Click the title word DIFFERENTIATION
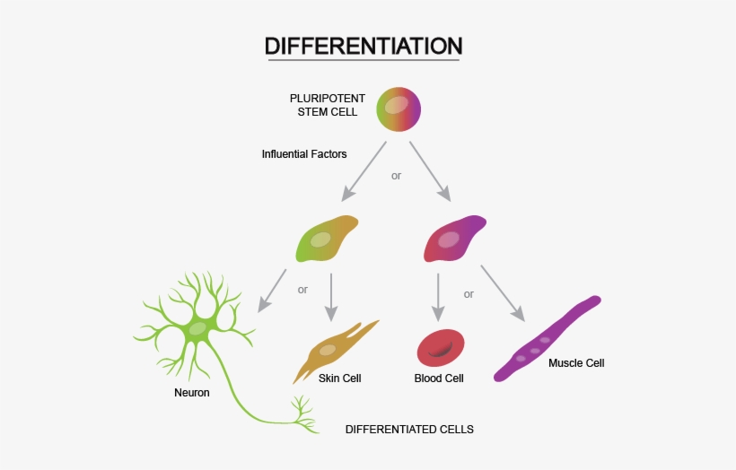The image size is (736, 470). [x=364, y=46]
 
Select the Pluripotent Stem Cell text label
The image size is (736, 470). [x=327, y=105]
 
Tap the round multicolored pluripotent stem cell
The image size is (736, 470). [x=399, y=109]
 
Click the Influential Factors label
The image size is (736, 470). [x=304, y=154]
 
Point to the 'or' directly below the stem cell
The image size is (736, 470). [x=396, y=176]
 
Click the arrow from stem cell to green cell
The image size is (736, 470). [x=364, y=170]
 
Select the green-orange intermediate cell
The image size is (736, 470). [x=325, y=239]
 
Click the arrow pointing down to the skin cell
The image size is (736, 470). [x=332, y=296]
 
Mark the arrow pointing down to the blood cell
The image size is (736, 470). [x=438, y=297]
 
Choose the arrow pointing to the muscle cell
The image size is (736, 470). [x=502, y=292]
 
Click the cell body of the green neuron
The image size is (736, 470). [x=197, y=329]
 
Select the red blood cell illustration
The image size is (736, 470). [x=441, y=348]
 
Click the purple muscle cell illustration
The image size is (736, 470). [x=546, y=339]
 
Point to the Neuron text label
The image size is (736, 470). [x=192, y=393]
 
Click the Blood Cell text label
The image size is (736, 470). [x=439, y=379]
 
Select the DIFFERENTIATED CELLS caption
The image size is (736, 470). [x=409, y=430]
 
